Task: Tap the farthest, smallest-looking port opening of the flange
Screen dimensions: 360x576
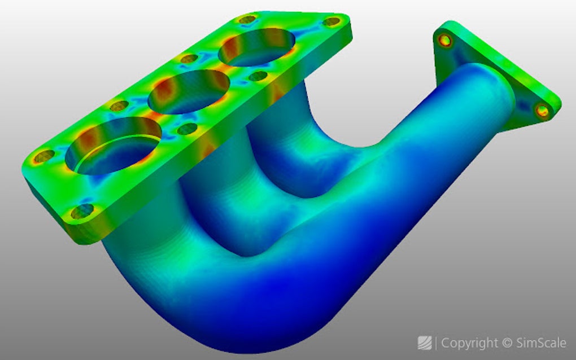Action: tap(256, 48)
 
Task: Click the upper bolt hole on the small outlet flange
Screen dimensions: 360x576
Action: tap(446, 40)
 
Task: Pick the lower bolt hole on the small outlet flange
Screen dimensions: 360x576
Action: tap(543, 110)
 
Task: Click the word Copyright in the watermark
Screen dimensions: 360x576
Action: tap(470, 343)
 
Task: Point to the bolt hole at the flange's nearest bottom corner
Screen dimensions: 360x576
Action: tap(82, 212)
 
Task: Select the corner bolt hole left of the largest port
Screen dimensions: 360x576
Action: tap(44, 156)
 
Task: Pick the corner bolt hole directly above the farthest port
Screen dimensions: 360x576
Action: tap(247, 20)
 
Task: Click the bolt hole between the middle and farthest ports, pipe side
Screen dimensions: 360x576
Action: tap(258, 76)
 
